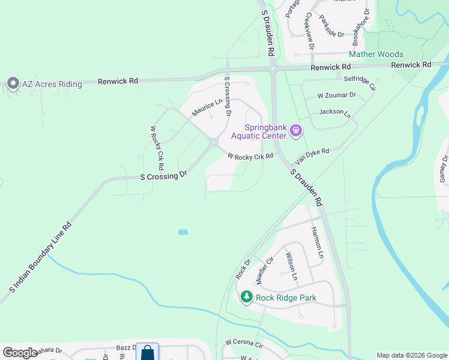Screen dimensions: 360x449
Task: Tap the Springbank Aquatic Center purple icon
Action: [295, 130]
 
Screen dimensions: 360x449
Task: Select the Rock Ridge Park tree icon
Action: [246, 297]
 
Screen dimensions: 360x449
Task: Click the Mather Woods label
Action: [376, 55]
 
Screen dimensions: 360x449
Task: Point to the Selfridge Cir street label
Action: [359, 82]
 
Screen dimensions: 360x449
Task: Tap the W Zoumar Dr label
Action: [336, 95]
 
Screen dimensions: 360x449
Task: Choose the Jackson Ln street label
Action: [335, 112]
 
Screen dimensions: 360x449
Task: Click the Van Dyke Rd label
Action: [312, 157]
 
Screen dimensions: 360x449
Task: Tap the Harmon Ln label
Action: [317, 243]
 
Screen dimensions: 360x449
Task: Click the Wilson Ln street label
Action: [291, 266]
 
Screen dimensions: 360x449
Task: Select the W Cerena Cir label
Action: [244, 344]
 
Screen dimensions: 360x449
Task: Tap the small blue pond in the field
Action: [183, 232]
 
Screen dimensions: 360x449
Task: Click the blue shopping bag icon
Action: [148, 353]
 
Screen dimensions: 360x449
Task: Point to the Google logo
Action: [20, 353]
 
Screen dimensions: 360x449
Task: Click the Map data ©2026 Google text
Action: [412, 355]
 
